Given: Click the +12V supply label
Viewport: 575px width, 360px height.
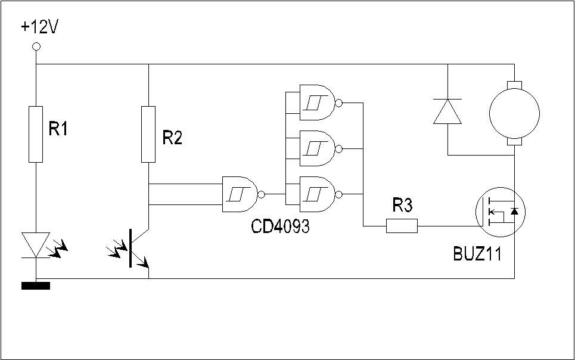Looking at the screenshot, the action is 40,28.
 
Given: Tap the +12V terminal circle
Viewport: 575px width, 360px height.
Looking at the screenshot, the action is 36,46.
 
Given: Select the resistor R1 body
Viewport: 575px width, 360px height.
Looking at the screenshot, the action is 36,134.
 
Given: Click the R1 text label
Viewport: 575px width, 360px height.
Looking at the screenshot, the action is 58,129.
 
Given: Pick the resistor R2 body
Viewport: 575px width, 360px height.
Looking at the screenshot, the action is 148,134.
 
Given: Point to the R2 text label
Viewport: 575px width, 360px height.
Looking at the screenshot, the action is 172,138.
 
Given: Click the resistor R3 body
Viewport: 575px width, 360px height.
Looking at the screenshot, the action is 402,226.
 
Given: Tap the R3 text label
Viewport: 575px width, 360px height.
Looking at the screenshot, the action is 403,205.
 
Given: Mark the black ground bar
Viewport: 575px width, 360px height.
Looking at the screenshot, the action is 36,286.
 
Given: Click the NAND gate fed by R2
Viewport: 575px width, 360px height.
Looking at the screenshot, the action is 243,194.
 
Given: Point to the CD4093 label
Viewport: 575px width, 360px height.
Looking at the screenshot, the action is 281,226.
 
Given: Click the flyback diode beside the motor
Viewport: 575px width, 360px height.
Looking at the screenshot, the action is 447,111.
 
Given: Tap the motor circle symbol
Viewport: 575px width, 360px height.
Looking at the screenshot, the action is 514,113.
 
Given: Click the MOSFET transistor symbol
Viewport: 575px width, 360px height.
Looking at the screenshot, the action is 501,212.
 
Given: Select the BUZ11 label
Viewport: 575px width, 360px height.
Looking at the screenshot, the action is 477,253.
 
